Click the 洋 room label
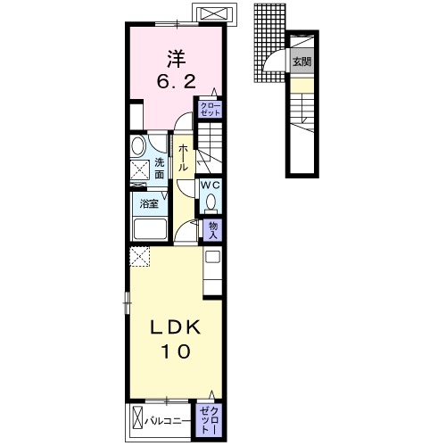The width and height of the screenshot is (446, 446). click(176, 59)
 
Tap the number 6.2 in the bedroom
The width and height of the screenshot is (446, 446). click(177, 81)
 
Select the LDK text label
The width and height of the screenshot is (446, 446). click(176, 328)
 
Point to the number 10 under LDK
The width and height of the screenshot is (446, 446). click(176, 351)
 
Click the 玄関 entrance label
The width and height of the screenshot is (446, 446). click(301, 62)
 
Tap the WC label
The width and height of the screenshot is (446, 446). click(211, 186)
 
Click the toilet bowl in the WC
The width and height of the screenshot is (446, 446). click(211, 202)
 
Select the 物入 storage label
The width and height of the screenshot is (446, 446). click(213, 230)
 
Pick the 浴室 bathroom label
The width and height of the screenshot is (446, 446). click(149, 203)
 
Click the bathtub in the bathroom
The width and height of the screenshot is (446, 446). click(150, 228)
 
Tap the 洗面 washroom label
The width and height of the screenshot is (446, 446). click(160, 169)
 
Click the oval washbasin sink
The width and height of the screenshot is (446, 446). click(137, 145)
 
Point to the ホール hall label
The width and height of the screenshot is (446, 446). click(183, 158)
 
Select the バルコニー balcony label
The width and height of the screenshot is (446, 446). click(168, 421)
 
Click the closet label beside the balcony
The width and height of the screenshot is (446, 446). click(210, 420)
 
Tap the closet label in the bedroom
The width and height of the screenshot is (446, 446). click(211, 109)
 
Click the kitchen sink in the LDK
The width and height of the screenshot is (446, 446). click(213, 257)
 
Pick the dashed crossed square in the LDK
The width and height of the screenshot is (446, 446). click(139, 256)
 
